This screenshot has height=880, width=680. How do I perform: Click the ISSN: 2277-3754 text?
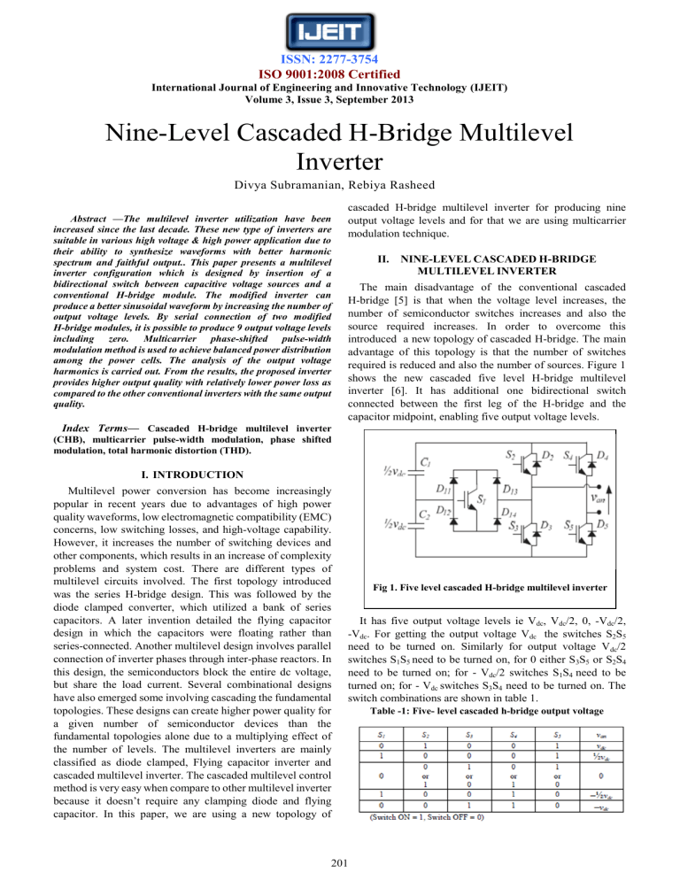coord(340,61)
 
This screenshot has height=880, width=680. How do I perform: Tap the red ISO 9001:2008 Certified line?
coord(340,75)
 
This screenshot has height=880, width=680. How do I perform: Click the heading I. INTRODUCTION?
coord(171,475)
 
